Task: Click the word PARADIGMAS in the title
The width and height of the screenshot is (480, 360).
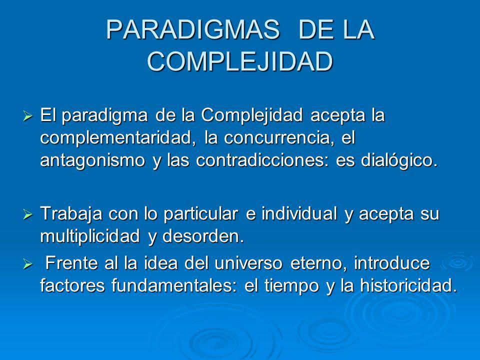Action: pyautogui.click(x=193, y=29)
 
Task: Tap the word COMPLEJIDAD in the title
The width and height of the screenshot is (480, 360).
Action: pyautogui.click(x=240, y=61)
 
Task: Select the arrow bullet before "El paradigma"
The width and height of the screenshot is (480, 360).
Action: pyautogui.click(x=27, y=116)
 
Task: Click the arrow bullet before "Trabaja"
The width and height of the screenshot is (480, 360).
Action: pyautogui.click(x=27, y=214)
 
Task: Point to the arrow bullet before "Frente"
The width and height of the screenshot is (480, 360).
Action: pyautogui.click(x=27, y=264)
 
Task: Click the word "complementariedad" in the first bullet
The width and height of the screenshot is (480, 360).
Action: pyautogui.click(x=118, y=138)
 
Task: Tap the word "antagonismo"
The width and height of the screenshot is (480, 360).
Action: pyautogui.click(x=92, y=160)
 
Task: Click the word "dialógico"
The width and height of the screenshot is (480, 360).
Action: pyautogui.click(x=399, y=160)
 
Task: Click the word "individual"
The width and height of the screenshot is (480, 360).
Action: pyautogui.click(x=299, y=213)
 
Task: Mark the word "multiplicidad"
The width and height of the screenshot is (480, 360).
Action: pyautogui.click(x=90, y=236)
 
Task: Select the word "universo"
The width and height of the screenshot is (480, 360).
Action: pyautogui.click(x=248, y=263)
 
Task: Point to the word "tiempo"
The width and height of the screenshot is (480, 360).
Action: pyautogui.click(x=291, y=286)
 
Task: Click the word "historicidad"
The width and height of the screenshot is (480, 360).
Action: pyautogui.click(x=408, y=285)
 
